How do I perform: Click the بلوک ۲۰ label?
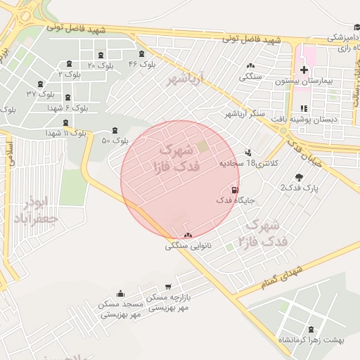pyautogui.click(x=101, y=65)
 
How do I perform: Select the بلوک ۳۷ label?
pyautogui.click(x=41, y=93)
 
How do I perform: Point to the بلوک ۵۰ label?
pyautogui.click(x=115, y=140)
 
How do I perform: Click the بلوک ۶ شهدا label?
pyautogui.click(x=67, y=109)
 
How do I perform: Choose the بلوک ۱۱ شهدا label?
pyautogui.click(x=66, y=133)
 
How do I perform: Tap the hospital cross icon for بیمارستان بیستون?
pyautogui.click(x=304, y=70)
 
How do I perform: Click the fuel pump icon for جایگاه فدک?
pyautogui.click(x=234, y=189)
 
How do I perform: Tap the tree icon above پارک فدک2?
pyautogui.click(x=300, y=176)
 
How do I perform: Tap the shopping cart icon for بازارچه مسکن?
pyautogui.click(x=167, y=286)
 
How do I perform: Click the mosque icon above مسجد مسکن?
pyautogui.click(x=121, y=293)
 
